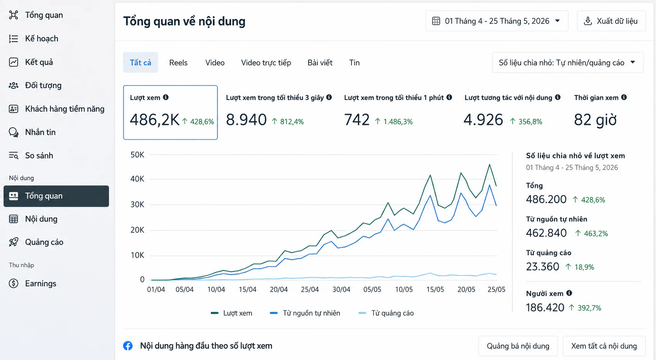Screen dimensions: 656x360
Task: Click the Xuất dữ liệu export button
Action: [611, 21]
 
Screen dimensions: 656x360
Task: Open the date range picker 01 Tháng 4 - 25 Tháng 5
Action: [497, 21]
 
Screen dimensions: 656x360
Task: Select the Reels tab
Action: [178, 63]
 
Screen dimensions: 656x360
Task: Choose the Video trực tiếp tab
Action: [266, 63]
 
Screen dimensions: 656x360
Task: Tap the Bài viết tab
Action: [320, 63]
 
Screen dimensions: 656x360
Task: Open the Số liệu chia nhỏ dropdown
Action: [568, 62]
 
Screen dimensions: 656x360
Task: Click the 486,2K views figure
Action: [154, 120]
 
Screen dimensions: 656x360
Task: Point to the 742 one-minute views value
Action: [357, 120]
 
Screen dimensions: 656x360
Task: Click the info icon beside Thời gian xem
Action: [624, 97]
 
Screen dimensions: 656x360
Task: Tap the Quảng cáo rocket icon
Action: [14, 242]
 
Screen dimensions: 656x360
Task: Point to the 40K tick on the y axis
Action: [137, 179]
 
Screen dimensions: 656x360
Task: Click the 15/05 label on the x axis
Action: [435, 290]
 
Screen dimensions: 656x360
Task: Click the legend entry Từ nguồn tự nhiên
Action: [305, 313]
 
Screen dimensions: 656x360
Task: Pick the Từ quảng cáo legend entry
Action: [386, 313]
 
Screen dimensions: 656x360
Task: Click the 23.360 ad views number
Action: [542, 267]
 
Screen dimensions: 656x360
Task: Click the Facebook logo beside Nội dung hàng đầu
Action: [128, 346]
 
